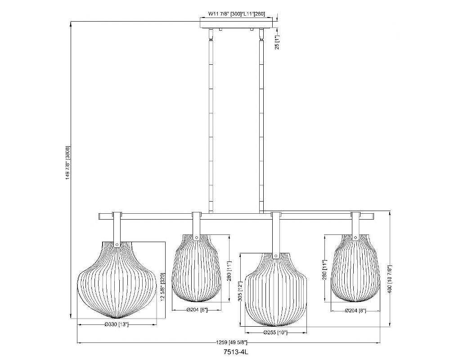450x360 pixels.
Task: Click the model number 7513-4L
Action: point(235,351)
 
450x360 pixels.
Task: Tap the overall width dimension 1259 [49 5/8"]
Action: point(232,342)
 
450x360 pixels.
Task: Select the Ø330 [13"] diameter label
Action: point(116,324)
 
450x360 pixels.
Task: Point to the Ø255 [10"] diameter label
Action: point(275,333)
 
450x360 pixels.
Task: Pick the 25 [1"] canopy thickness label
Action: point(277,42)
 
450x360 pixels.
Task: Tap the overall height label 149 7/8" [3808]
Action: point(68,163)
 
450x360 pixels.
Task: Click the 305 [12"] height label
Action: point(240,291)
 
